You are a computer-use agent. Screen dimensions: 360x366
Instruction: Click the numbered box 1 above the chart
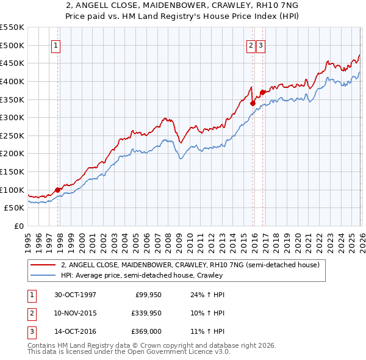56,45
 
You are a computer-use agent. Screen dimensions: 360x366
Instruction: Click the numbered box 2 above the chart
251,45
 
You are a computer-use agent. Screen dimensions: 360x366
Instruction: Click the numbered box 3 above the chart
260,45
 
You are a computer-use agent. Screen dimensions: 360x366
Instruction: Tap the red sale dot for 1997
58,190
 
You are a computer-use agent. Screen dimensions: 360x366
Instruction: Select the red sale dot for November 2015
253,103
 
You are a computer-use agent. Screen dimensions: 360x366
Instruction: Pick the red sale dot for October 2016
262,93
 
